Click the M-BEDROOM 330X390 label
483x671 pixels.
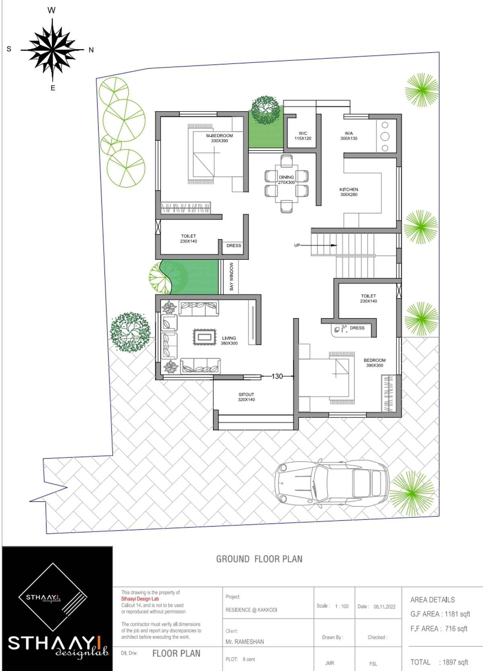coord(219,138)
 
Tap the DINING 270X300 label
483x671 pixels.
coord(286,180)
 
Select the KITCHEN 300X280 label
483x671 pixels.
coord(349,192)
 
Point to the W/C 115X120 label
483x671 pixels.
coord(303,136)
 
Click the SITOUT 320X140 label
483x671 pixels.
coord(246,397)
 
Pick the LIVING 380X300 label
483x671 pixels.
coord(229,341)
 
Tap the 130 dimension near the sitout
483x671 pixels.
coord(277,377)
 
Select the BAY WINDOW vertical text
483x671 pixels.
coord(231,276)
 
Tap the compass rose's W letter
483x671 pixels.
coord(52,10)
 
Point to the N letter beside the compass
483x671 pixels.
coord(91,50)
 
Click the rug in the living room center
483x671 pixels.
coord(204,337)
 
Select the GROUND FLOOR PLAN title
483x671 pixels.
coord(259,559)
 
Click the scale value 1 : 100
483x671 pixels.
coord(342,606)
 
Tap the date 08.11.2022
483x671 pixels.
coord(384,607)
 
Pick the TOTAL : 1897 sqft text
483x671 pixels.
coord(439,662)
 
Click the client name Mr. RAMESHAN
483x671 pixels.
coord(245,642)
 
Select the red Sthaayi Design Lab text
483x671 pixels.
coord(140,599)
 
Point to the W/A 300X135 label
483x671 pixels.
coord(349,136)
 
